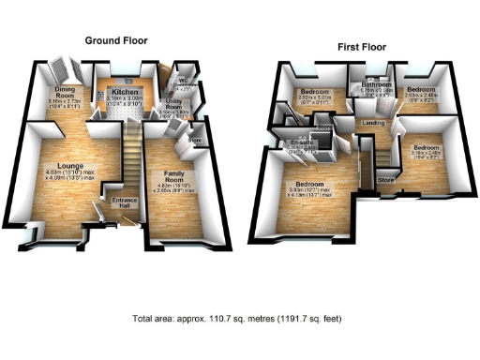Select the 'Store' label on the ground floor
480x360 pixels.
tap(195, 142)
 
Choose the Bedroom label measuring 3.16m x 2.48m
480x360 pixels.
tap(426, 148)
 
